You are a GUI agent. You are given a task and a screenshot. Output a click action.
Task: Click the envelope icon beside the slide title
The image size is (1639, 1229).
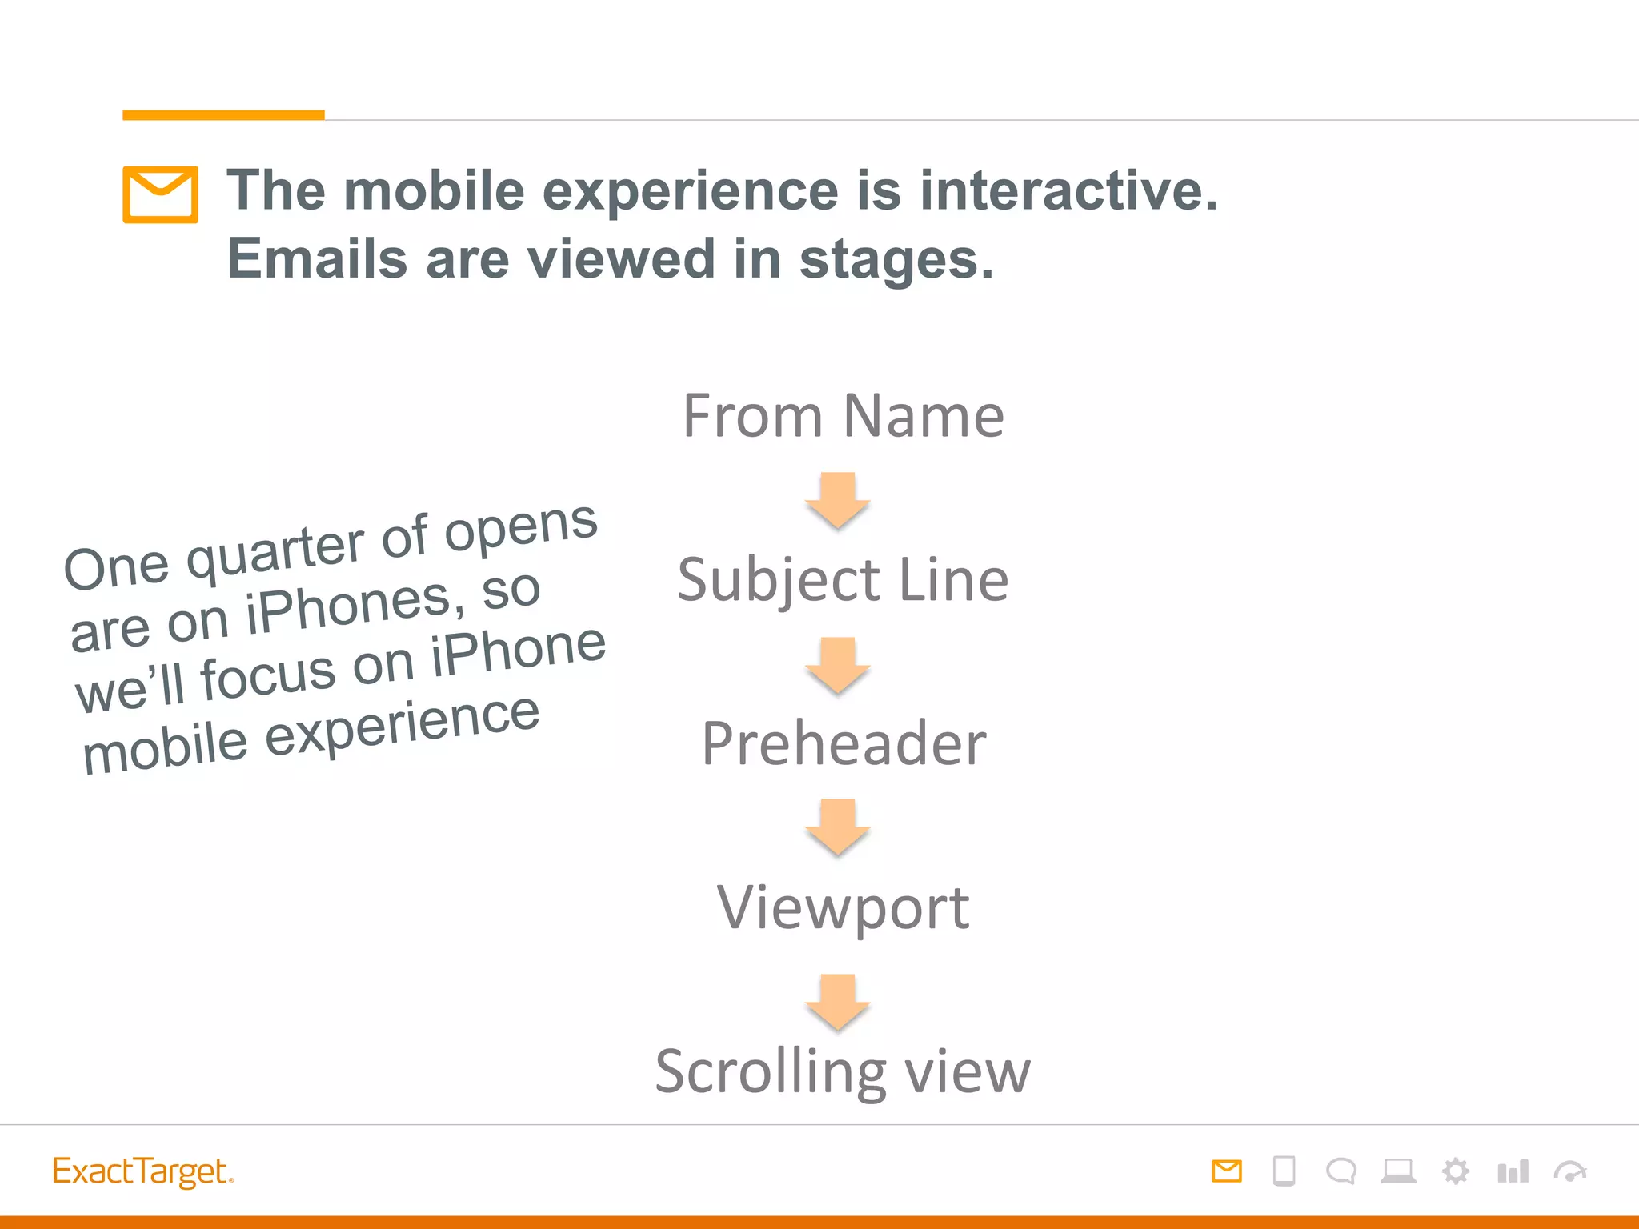[x=160, y=194]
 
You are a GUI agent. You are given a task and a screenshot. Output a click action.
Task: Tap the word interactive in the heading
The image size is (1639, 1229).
[x=1068, y=191]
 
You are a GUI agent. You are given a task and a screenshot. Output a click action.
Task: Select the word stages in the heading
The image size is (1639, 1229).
[x=896, y=260]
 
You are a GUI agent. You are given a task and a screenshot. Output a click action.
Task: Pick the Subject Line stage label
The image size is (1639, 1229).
[x=843, y=579]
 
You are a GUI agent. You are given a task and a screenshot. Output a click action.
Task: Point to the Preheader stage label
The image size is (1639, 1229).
[x=843, y=743]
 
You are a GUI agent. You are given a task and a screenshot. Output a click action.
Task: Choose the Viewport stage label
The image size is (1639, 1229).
[x=843, y=907]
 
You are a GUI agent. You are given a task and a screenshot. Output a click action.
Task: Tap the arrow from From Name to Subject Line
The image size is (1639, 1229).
[x=838, y=500]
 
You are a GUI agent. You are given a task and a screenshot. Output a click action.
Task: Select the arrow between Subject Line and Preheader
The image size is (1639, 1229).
[x=838, y=665]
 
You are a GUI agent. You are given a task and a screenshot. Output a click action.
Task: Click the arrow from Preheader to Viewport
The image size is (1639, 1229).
[x=838, y=827]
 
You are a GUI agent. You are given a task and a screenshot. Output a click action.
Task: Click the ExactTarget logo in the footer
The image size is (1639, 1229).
[x=142, y=1171]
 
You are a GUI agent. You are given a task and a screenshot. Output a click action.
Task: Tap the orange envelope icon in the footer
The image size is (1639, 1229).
[x=1226, y=1171]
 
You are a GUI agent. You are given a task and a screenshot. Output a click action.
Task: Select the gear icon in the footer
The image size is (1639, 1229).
[x=1456, y=1171]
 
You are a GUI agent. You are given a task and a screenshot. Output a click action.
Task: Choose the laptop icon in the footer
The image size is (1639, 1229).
[x=1398, y=1171]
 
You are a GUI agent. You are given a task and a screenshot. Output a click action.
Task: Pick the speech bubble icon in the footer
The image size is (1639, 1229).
[x=1340, y=1171]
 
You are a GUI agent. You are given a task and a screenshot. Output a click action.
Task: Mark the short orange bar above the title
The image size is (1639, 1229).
[x=223, y=115]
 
